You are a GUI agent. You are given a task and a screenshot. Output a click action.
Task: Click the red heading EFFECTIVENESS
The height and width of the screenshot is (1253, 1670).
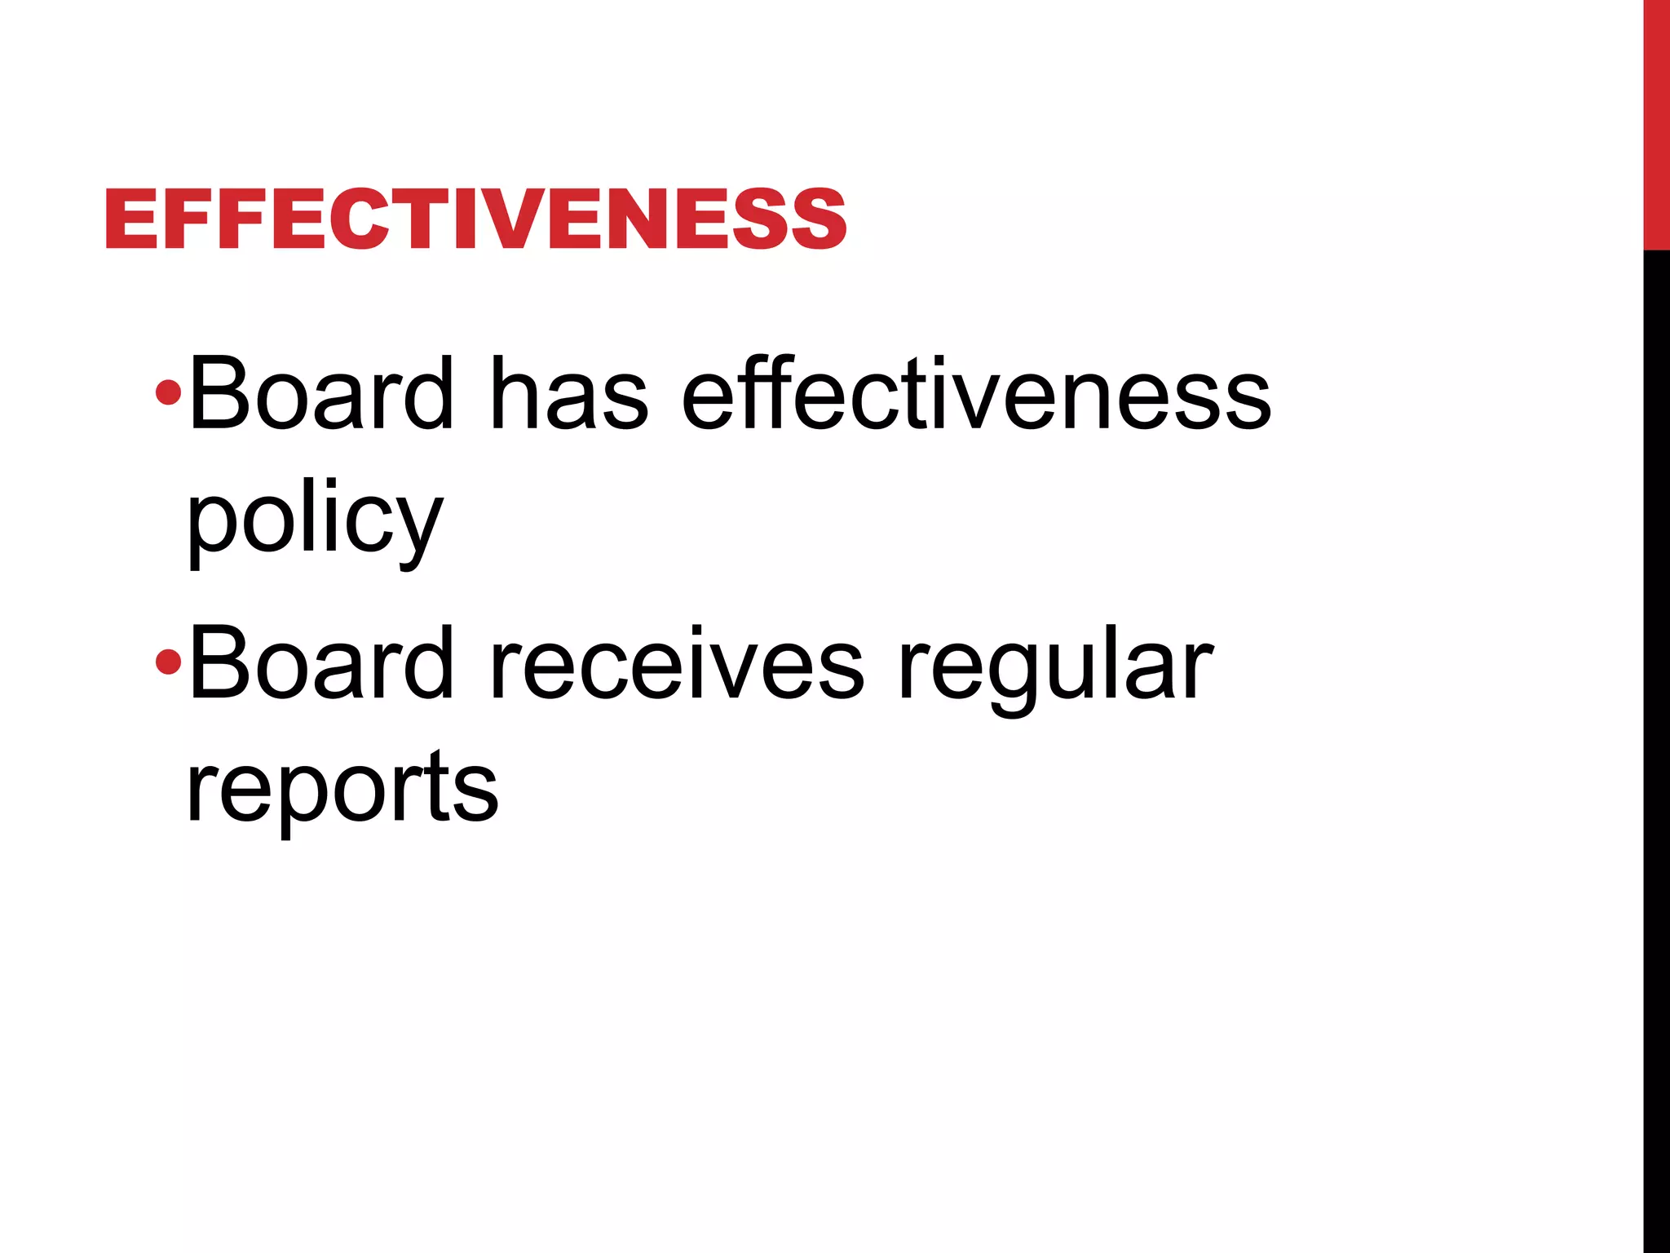pos(475,219)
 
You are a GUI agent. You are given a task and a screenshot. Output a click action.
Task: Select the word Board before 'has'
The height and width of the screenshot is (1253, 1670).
pos(320,393)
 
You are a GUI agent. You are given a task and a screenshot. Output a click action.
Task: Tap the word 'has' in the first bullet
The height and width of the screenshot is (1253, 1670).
pos(568,393)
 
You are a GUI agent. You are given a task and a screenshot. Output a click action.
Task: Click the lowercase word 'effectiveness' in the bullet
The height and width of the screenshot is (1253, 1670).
pos(976,393)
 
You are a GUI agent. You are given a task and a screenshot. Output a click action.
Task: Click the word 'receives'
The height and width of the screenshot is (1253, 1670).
pos(677,664)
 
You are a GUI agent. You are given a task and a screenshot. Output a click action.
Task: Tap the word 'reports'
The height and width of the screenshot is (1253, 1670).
pos(342,788)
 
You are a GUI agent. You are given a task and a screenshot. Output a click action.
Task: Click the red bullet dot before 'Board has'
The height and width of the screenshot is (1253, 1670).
pos(168,392)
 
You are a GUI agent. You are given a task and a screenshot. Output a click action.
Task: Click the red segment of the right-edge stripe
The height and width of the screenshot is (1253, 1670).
pos(1656,122)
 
